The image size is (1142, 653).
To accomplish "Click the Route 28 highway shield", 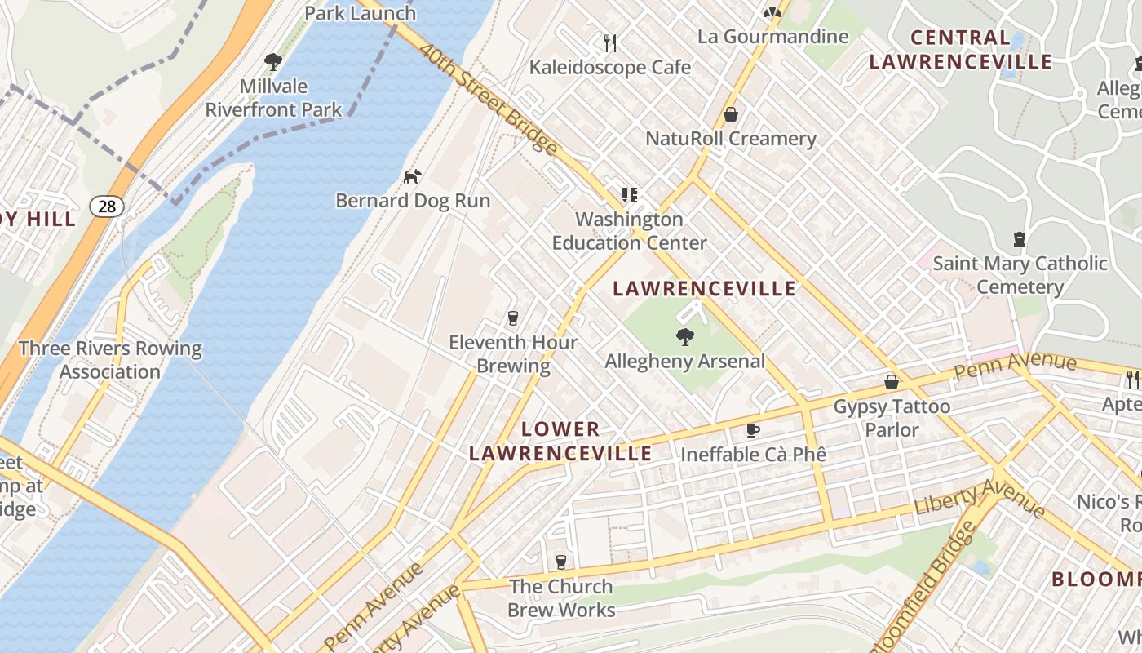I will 107,207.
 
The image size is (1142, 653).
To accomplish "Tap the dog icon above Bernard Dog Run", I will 413,175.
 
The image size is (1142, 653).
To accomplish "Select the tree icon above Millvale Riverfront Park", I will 273,61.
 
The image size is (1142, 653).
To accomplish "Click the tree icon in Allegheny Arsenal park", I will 684,335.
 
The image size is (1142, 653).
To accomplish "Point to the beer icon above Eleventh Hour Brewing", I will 513,318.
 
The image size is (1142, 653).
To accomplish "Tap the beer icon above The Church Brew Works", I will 560,562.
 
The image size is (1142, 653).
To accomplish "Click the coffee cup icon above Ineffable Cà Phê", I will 753,430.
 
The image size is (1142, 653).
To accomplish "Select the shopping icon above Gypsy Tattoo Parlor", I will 892,382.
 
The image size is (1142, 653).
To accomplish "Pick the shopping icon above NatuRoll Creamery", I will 731,114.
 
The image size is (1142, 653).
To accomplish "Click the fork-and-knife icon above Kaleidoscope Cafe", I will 609,42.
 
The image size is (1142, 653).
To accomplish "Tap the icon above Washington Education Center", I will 629,195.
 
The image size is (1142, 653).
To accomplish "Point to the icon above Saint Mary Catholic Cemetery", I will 1019,239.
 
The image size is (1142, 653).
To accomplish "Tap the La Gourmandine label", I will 772,37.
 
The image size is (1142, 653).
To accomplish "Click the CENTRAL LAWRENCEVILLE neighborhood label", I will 960,49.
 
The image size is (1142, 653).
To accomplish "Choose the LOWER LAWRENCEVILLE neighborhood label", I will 560,441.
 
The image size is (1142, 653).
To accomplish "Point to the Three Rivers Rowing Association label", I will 110,360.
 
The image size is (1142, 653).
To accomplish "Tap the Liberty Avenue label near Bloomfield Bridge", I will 980,497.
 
